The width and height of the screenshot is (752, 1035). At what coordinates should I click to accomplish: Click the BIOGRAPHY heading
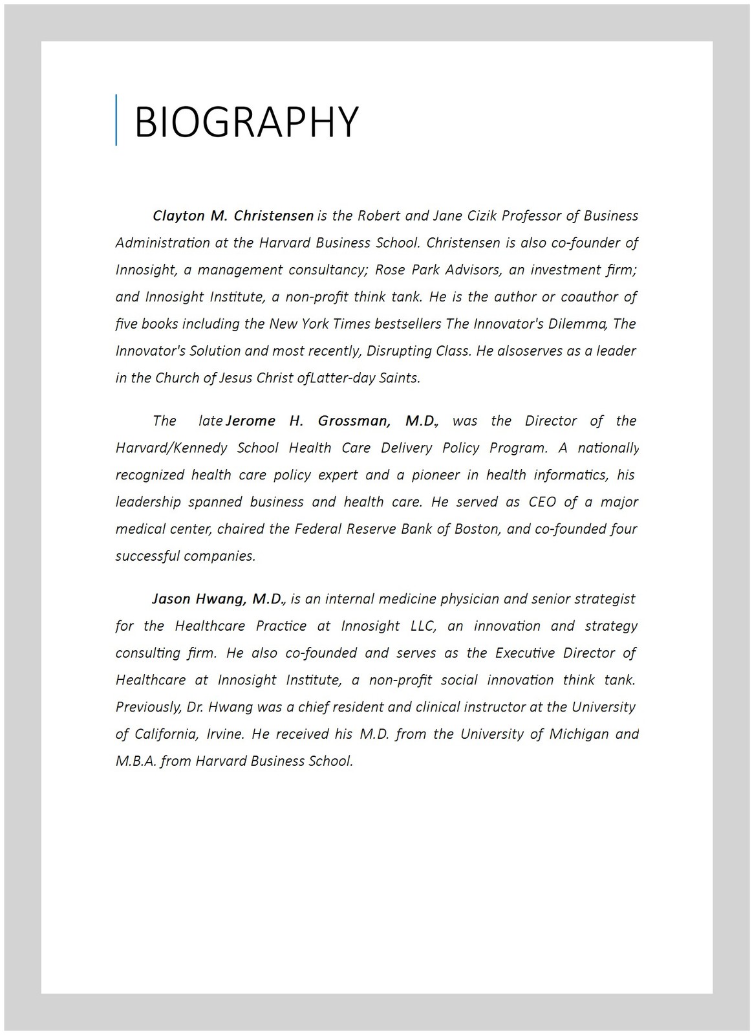(246, 121)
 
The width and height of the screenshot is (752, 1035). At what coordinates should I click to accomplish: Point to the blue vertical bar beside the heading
(116, 120)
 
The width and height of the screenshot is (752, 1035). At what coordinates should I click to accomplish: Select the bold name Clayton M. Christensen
(233, 215)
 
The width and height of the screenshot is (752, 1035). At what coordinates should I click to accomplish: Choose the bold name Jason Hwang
(218, 599)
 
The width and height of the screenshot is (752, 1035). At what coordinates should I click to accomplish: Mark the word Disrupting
(396, 351)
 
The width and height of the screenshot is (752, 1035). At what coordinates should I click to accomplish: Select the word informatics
(571, 475)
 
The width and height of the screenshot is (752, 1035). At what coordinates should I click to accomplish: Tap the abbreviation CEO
(543, 502)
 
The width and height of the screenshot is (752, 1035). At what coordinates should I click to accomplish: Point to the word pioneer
(436, 475)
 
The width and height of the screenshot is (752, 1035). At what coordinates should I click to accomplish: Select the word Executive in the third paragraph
(525, 653)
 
